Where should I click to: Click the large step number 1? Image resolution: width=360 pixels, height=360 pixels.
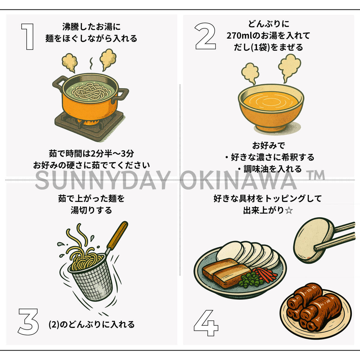pos(28,37)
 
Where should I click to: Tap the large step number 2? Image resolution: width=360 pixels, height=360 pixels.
pos(205,36)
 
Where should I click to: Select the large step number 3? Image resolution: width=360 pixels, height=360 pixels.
pos(28,322)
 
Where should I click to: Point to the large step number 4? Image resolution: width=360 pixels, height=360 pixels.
pos(206,322)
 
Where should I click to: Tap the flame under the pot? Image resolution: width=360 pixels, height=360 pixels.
pos(88,122)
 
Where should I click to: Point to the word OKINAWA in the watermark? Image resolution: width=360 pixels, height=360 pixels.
pos(238,180)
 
